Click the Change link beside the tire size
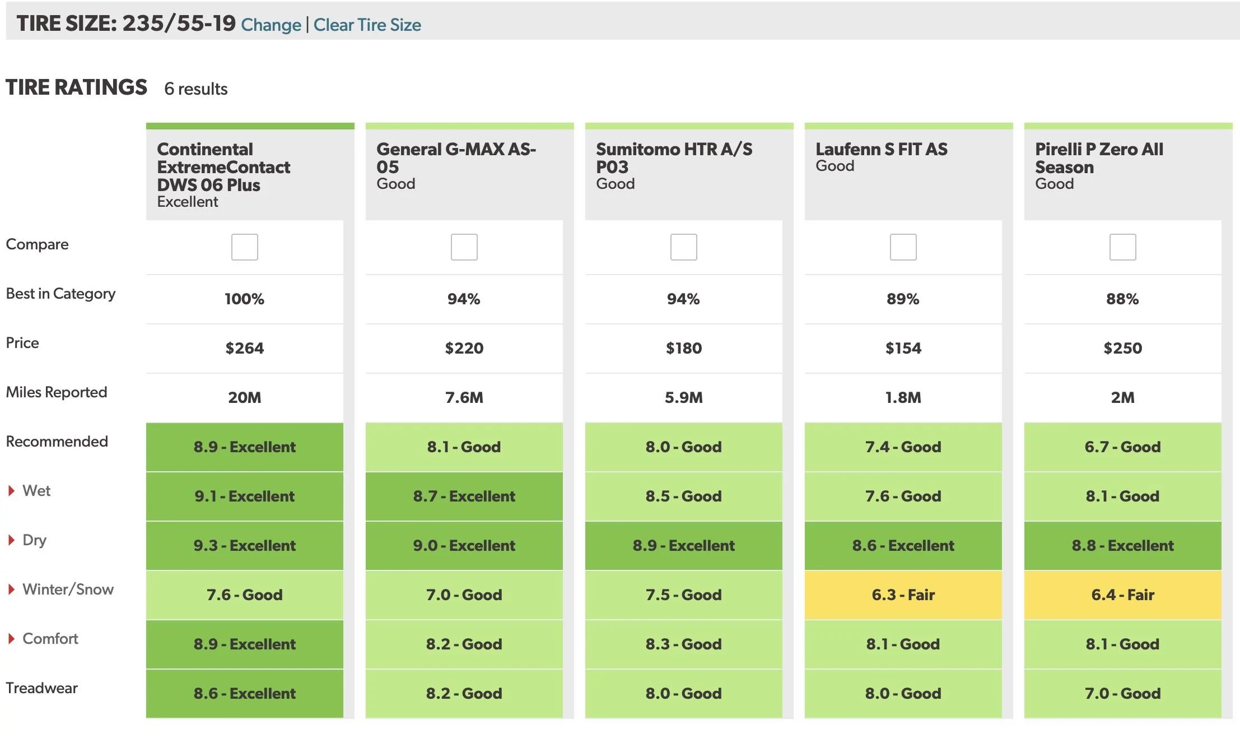pyautogui.click(x=271, y=25)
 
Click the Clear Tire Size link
pyautogui.click(x=367, y=25)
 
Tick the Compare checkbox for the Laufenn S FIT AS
pyautogui.click(x=903, y=247)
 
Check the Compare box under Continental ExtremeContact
pyautogui.click(x=245, y=247)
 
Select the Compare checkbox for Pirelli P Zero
pyautogui.click(x=1122, y=247)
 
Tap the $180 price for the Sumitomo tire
pyautogui.click(x=683, y=348)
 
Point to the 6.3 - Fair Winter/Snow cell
pyautogui.click(x=903, y=595)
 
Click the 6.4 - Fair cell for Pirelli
pyautogui.click(x=1122, y=595)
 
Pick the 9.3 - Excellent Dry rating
pyautogui.click(x=245, y=545)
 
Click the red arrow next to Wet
pyautogui.click(x=11, y=491)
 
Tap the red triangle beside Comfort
pyautogui.click(x=11, y=639)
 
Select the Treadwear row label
pyautogui.click(x=41, y=688)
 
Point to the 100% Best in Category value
pyautogui.click(x=244, y=299)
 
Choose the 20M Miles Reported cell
pyautogui.click(x=245, y=397)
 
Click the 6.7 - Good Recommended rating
pyautogui.click(x=1122, y=447)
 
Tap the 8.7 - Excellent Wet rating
pyautogui.click(x=464, y=496)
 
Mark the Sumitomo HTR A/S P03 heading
pyautogui.click(x=674, y=158)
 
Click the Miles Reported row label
pyautogui.click(x=56, y=392)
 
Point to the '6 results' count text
pyautogui.click(x=195, y=89)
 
